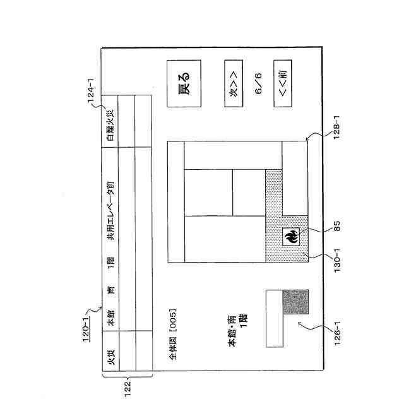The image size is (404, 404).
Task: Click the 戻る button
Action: [184, 83]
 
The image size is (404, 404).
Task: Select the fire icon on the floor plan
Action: [292, 238]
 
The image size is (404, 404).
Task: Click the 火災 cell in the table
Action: [110, 362]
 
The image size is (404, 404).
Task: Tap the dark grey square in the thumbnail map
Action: [295, 302]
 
